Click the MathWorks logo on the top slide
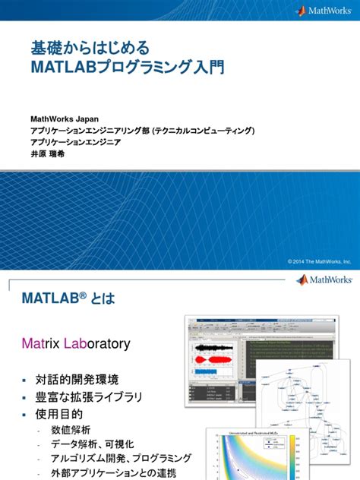[x=321, y=11]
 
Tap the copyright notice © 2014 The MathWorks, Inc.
[x=319, y=261]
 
